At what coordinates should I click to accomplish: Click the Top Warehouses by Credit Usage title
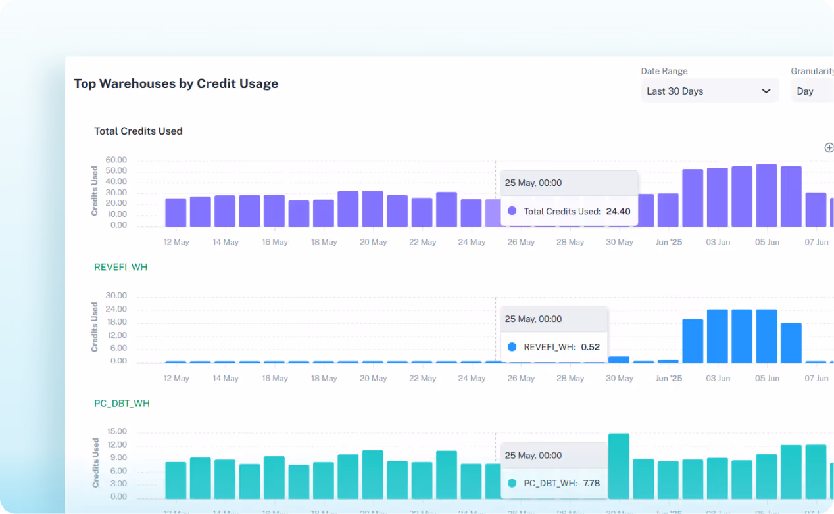coord(176,83)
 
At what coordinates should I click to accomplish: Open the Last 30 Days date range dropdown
coord(709,91)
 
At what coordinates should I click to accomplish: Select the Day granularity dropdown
coord(812,91)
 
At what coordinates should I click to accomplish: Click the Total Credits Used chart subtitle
coord(138,131)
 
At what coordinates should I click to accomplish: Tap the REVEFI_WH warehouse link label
coord(121,267)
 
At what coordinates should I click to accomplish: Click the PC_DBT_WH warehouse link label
coord(122,403)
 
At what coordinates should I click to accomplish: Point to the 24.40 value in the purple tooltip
coord(618,212)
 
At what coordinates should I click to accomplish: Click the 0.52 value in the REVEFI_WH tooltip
coord(591,347)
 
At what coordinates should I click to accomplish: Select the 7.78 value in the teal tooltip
coord(591,483)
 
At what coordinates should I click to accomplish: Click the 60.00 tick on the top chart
coord(116,160)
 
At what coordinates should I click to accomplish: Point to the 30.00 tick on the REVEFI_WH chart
coord(116,296)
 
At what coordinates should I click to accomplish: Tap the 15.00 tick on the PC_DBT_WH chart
coord(116,432)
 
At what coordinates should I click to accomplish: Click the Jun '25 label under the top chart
coord(669,242)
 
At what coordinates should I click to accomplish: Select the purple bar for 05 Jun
coord(766,196)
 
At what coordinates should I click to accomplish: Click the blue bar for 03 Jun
coord(717,336)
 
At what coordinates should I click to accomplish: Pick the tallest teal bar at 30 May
coord(619,466)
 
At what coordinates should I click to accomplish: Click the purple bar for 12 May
coord(176,212)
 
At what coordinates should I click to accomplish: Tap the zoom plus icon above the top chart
coord(829,147)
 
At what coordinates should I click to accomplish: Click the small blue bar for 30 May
coord(619,360)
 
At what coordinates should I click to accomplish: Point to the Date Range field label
coord(664,71)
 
